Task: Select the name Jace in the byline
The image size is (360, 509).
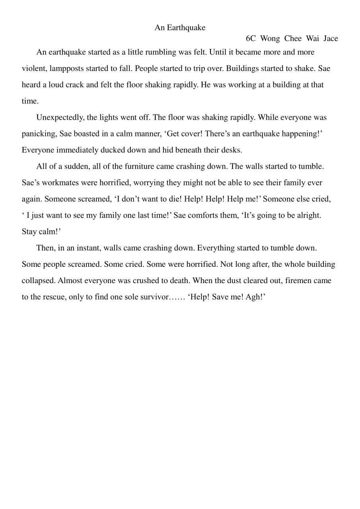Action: coord(331,39)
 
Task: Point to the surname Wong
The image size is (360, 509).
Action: coord(270,39)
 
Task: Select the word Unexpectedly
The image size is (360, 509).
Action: coord(60,117)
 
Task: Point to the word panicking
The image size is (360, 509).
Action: coord(39,134)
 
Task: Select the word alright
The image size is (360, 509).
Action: coord(309,215)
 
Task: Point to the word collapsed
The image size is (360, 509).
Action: coord(39,280)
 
